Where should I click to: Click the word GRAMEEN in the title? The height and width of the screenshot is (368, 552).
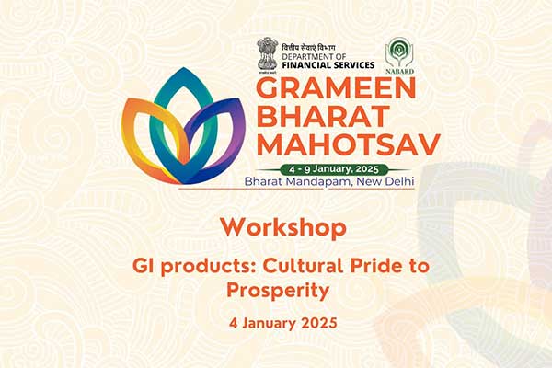click(336, 88)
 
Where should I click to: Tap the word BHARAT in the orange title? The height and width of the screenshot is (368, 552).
click(323, 116)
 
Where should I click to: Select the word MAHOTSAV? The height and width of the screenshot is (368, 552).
click(349, 144)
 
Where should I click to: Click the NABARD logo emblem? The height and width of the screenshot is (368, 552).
click(399, 52)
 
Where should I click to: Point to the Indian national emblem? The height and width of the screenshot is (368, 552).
click(267, 53)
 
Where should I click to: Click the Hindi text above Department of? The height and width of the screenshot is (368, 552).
click(308, 48)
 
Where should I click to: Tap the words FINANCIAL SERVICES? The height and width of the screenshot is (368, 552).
click(328, 64)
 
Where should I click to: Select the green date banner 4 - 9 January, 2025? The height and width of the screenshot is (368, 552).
click(334, 169)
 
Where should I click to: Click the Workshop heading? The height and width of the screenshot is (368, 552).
click(283, 228)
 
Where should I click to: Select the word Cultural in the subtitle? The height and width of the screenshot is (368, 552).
click(303, 266)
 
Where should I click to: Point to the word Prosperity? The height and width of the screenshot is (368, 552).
click(278, 291)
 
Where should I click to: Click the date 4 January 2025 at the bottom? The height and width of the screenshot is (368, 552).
click(283, 323)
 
